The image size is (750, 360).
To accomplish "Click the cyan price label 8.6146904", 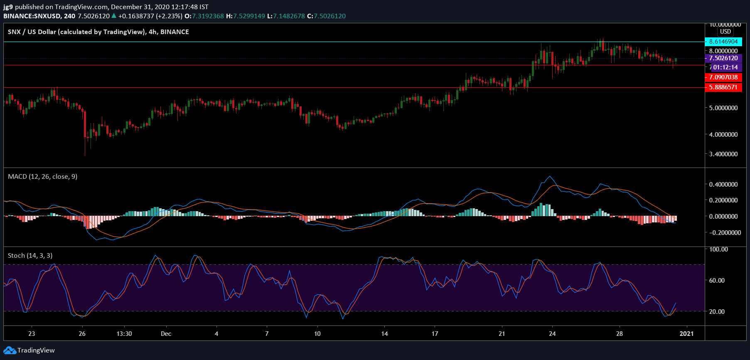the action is tap(723, 42).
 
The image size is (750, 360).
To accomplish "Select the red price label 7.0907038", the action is tap(723, 77).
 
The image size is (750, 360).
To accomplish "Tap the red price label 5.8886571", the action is tap(723, 87).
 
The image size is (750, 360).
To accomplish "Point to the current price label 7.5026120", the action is tap(723, 58).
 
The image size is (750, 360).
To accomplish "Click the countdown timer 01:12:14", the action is tap(725, 67).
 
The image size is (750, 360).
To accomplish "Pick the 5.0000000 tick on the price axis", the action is tap(723, 108).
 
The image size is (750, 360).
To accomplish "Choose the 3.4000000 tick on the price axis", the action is tap(723, 154).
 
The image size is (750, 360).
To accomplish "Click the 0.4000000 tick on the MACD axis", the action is tap(723, 185).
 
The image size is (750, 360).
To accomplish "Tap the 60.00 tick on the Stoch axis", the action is tap(716, 281).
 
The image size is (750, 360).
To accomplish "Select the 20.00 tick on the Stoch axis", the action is tap(716, 312).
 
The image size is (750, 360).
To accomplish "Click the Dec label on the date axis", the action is tap(166, 334).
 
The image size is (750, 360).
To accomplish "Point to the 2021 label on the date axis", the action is tap(686, 334).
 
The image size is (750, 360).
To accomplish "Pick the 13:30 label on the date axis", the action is tap(124, 334).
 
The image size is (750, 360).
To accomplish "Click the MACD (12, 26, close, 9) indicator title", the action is tap(42, 177).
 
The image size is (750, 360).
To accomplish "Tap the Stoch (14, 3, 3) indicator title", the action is tap(30, 256).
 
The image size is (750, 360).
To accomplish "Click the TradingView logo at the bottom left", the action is tap(29, 350).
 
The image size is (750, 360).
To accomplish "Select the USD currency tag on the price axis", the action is tap(725, 32).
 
